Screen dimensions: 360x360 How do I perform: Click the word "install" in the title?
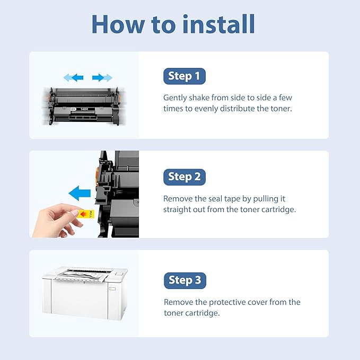tap(219, 24)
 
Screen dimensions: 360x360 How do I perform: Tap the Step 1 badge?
tap(185, 76)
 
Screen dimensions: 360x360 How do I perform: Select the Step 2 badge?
tap(185, 177)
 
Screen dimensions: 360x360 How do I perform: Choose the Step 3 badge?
tap(185, 280)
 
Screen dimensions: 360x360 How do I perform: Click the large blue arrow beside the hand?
tap(80, 193)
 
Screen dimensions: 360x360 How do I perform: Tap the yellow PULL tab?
tap(86, 214)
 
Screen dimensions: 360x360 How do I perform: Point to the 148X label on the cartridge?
tap(84, 109)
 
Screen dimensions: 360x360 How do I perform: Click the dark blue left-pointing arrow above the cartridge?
tap(77, 77)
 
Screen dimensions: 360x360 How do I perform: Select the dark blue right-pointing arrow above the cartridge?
tap(98, 77)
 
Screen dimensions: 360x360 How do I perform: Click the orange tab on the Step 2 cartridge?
tap(97, 175)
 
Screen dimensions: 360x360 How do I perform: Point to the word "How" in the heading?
tap(118, 24)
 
